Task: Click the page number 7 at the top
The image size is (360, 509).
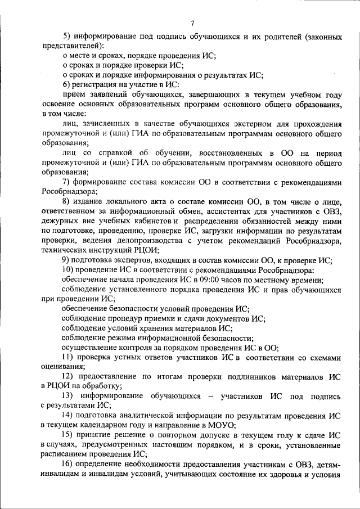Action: click(x=192, y=23)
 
